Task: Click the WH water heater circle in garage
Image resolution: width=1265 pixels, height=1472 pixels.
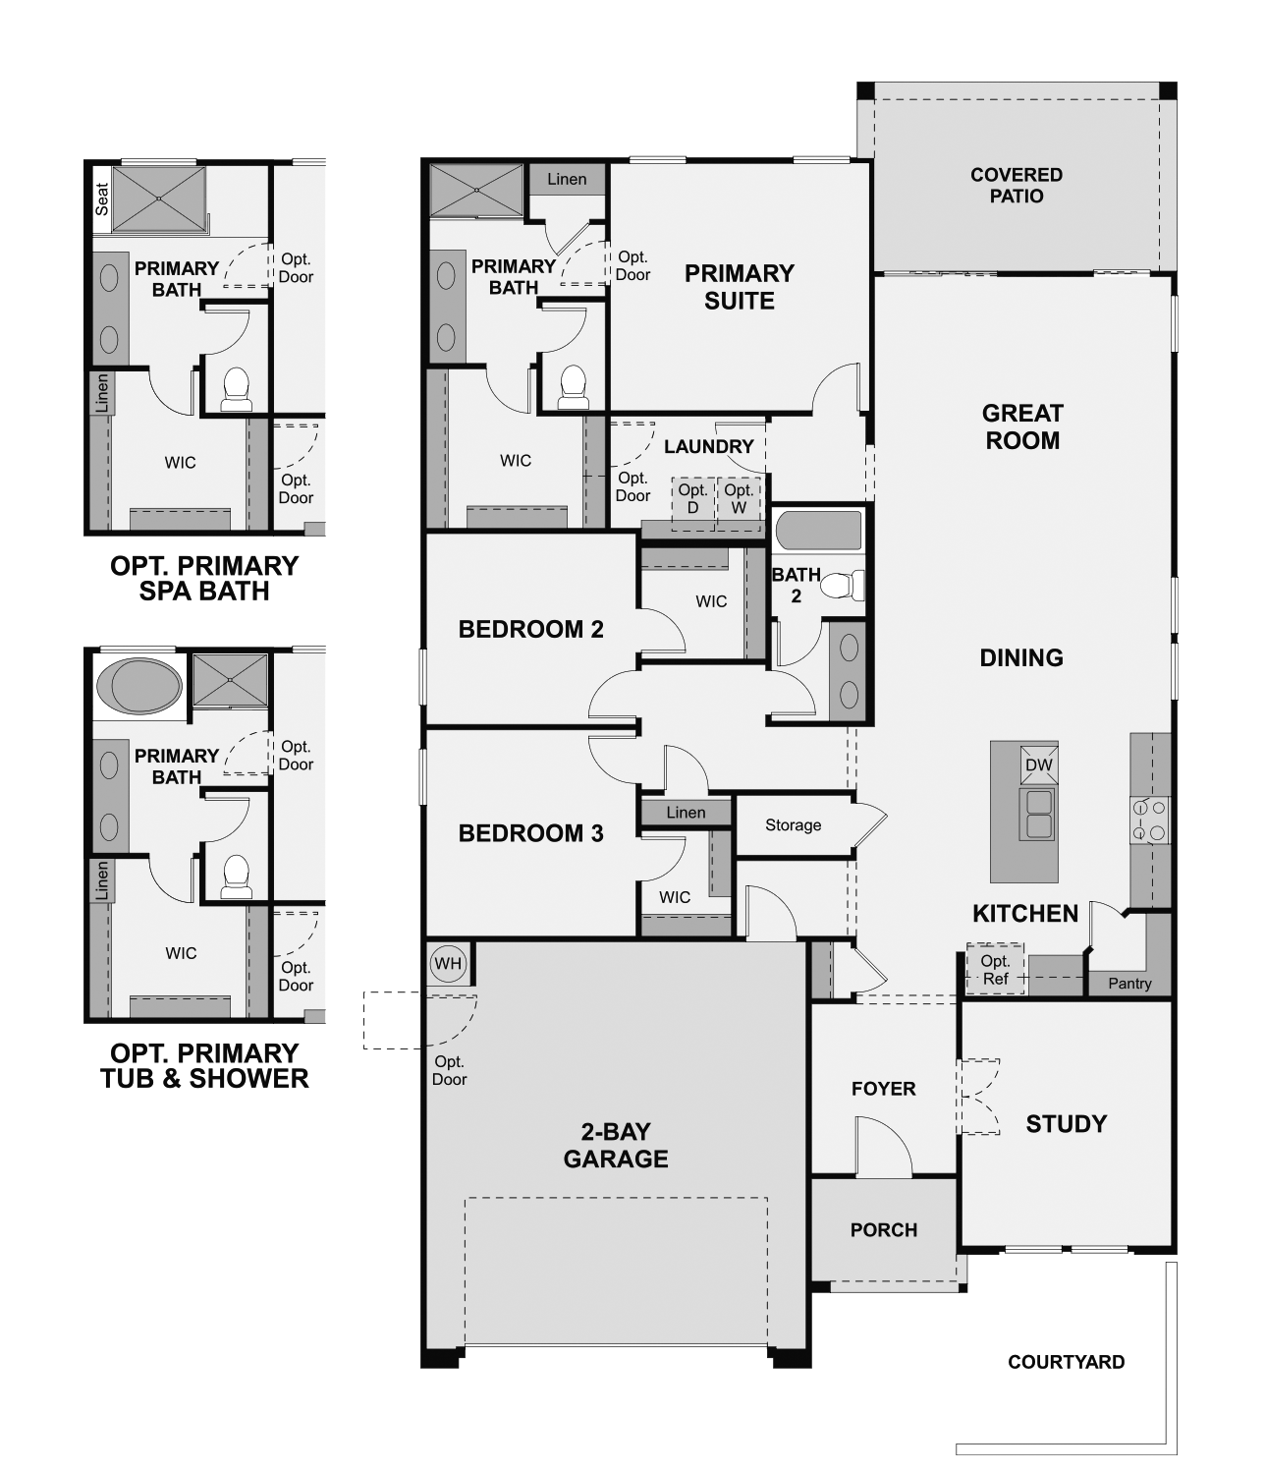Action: coord(448,964)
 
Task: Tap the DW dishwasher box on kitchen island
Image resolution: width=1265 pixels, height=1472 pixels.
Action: coord(1038,765)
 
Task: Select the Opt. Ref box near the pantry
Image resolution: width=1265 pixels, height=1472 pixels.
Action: coord(995,970)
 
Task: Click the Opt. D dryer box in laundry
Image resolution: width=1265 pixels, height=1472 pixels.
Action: coord(692,499)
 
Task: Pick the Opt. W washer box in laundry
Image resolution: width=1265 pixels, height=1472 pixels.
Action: coord(739,499)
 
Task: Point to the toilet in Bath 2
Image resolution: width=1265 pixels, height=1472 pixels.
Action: coord(840,587)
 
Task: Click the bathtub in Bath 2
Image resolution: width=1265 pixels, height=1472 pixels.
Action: coord(818,531)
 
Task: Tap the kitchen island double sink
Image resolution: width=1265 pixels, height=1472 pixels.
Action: coord(1037,814)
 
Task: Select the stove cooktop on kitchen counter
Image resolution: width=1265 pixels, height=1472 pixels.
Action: coord(1150,821)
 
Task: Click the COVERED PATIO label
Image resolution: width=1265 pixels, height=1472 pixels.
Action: coord(1016,185)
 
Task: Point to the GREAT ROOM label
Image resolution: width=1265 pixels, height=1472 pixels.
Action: coord(1022,426)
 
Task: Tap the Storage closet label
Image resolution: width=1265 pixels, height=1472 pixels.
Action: coord(793,825)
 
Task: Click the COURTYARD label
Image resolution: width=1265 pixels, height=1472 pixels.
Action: coord(1066,1362)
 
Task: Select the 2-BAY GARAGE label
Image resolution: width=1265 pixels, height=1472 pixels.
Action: coord(616,1146)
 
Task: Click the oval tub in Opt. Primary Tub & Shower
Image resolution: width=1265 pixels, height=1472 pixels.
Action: coord(139,686)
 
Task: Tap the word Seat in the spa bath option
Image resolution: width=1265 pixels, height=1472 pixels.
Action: coord(102,199)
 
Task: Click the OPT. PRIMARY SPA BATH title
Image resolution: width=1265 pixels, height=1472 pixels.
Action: coord(204,579)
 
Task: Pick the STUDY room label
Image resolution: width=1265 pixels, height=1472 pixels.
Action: coord(1066,1124)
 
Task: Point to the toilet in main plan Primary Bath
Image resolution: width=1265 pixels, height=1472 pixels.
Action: coord(573,388)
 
